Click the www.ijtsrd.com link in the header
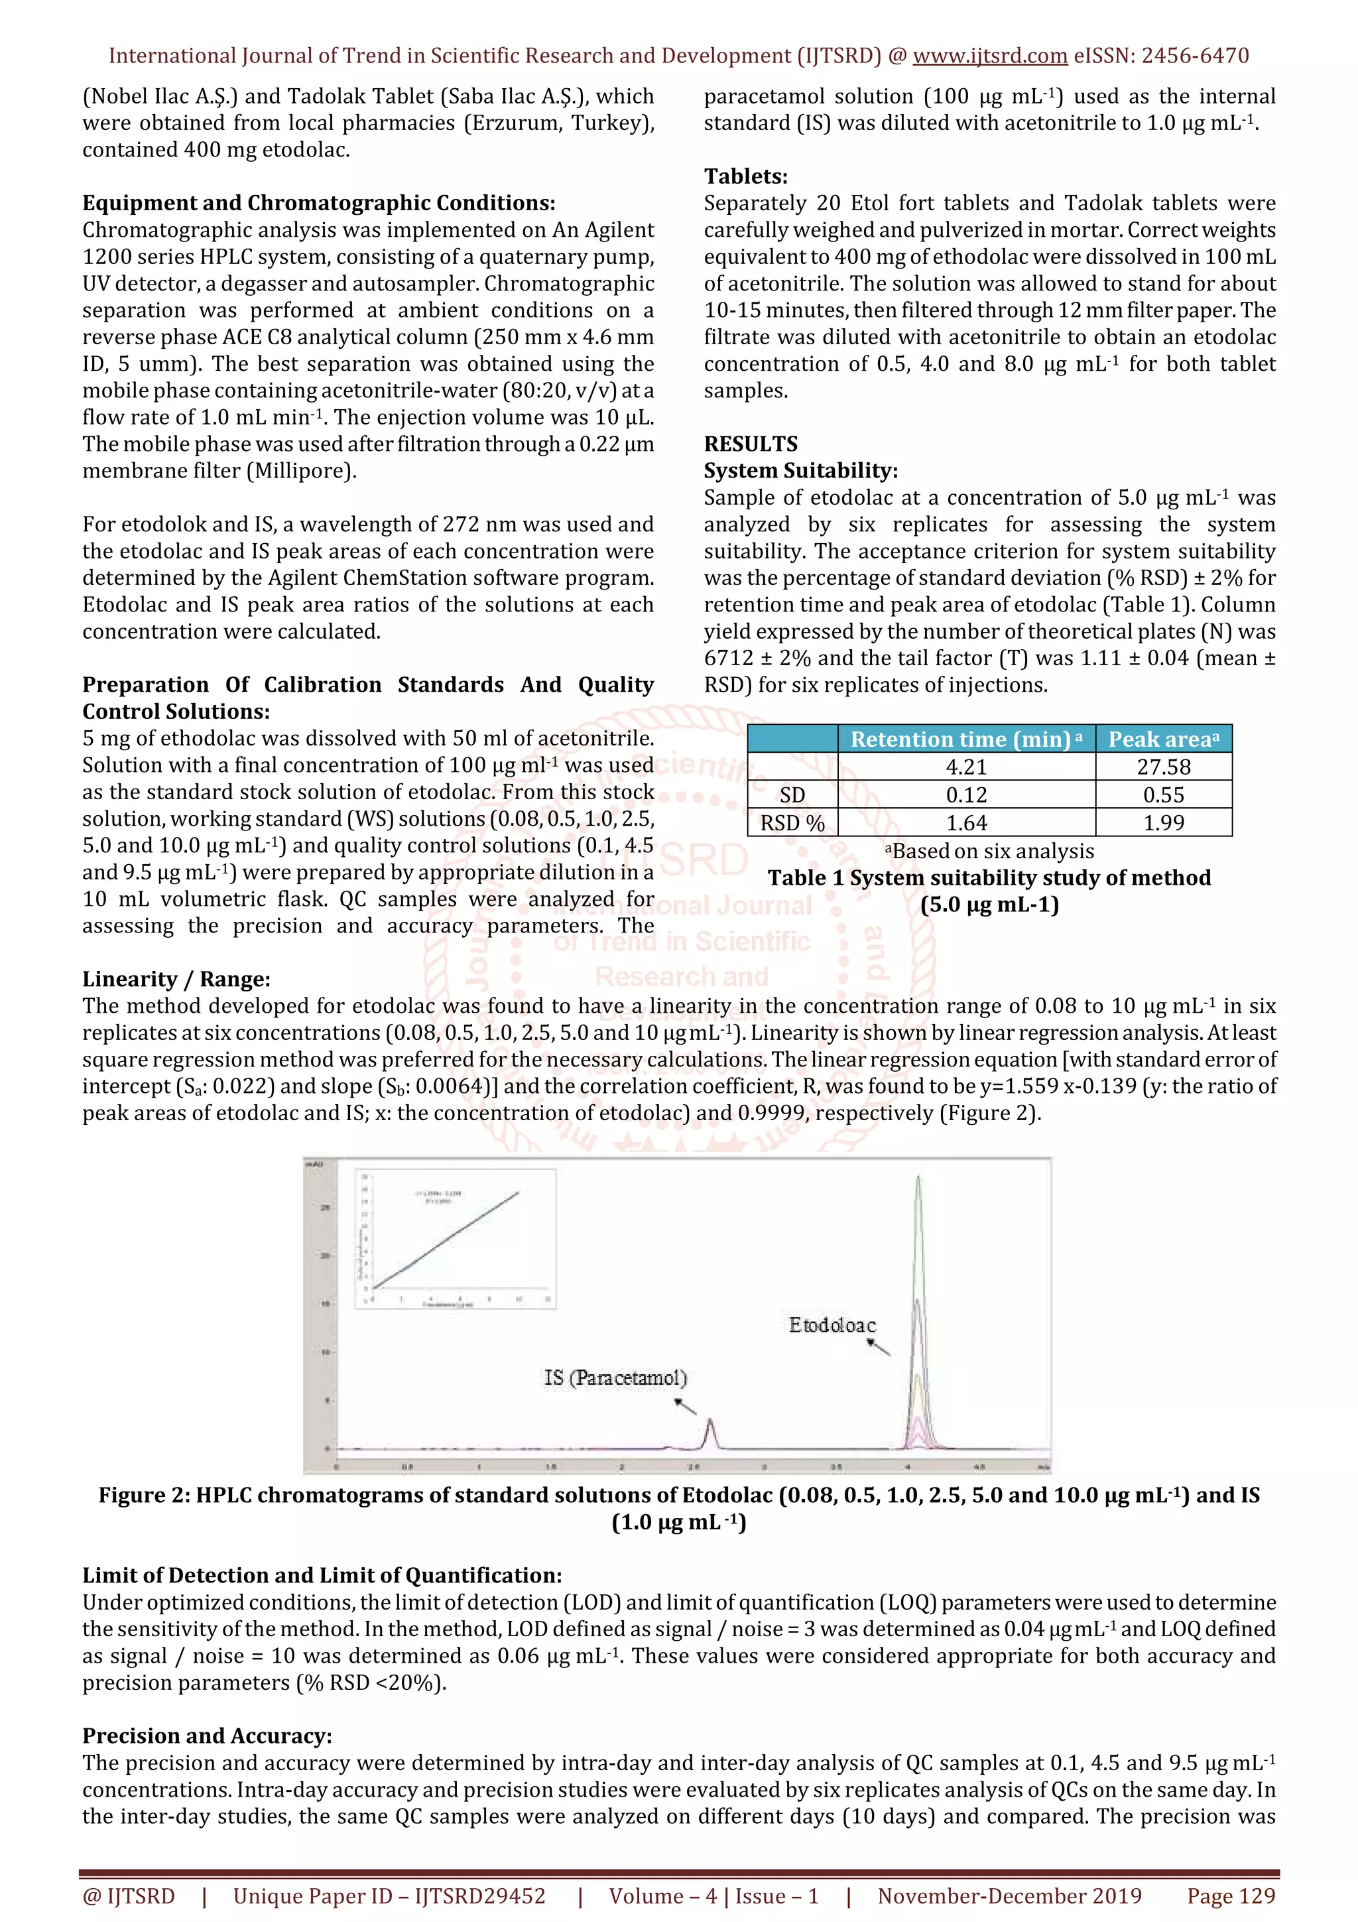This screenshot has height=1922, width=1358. click(989, 56)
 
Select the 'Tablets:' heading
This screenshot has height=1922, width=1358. click(745, 176)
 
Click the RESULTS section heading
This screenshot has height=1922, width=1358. click(751, 444)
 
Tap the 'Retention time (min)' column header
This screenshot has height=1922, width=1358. click(965, 739)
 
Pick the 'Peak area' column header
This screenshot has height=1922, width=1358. click(1163, 739)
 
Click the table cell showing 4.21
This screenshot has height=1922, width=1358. click(965, 767)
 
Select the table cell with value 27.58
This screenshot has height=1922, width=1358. click(1163, 767)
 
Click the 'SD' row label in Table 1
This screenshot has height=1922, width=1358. click(792, 795)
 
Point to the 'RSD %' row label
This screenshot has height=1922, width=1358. click(792, 823)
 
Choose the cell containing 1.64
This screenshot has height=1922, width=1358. click(965, 823)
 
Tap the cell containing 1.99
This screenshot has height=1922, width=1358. click(1163, 823)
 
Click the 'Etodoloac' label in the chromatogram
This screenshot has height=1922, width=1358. click(832, 1325)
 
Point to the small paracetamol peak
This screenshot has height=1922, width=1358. click(710, 1423)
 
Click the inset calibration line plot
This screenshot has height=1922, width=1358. click(455, 1238)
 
